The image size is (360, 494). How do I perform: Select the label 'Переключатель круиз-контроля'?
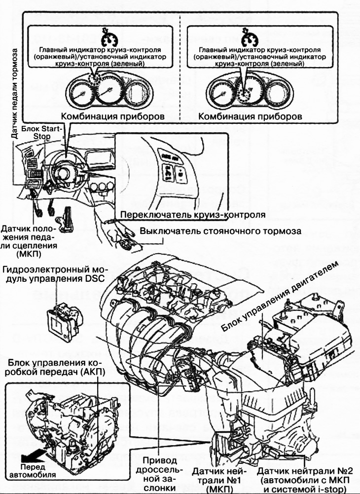[x=190, y=215]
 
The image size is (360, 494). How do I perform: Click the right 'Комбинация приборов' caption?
[x=249, y=118]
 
